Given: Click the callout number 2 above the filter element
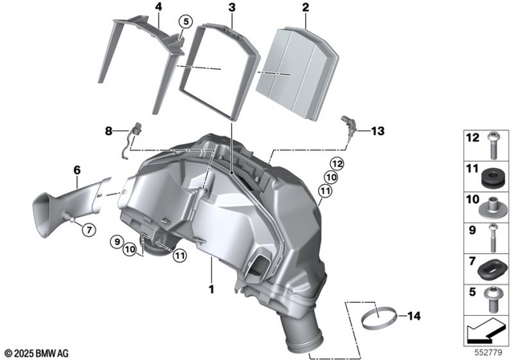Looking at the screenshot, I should coord(305,9).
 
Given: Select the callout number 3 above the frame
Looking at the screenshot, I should coord(231,9).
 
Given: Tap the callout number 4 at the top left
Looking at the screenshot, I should coord(158,9).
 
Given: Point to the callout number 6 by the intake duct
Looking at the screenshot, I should coord(77,170).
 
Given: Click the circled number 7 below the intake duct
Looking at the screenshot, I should coord(89,230).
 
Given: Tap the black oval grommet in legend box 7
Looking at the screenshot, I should coord(492,264).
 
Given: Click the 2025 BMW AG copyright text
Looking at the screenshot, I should coord(37,352).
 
